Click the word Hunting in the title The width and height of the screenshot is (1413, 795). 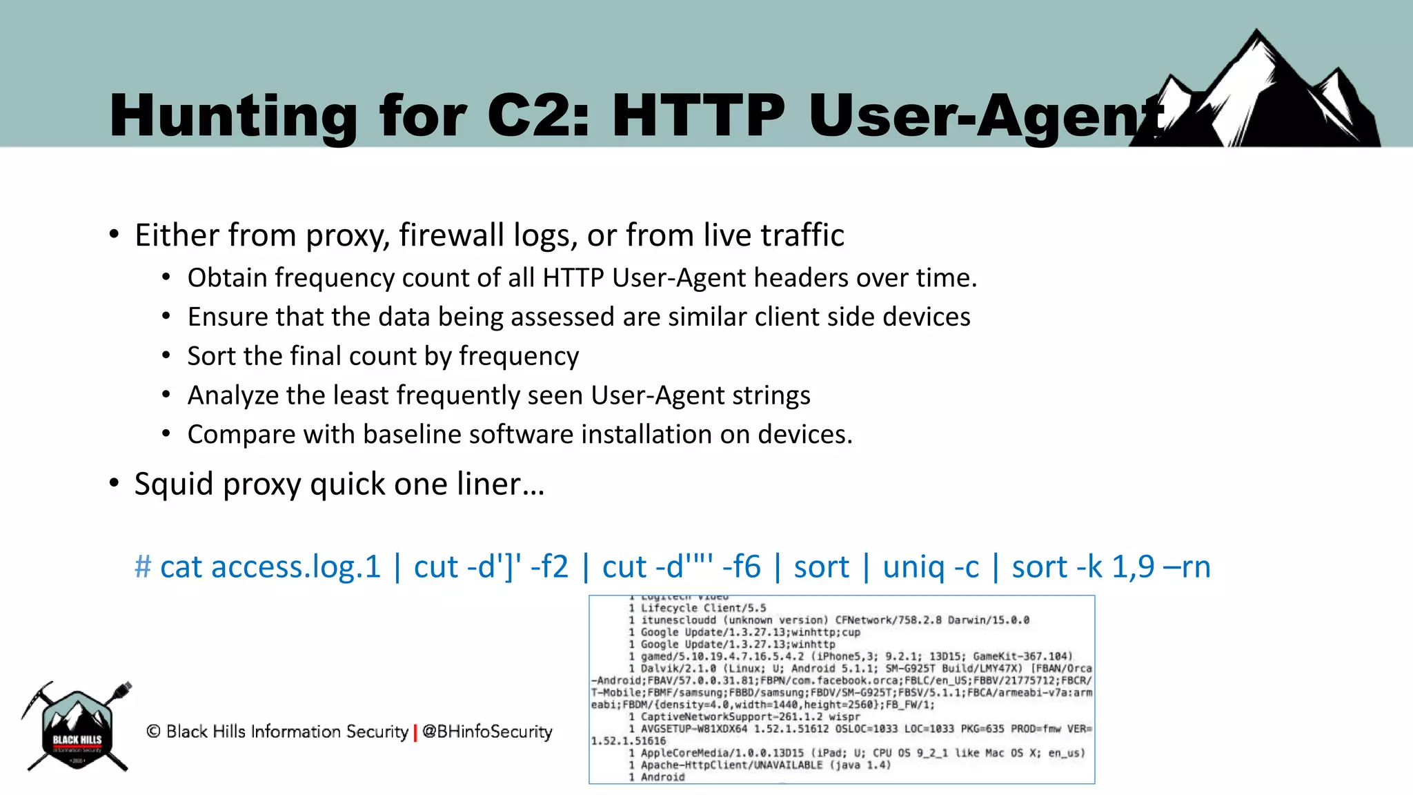click(233, 116)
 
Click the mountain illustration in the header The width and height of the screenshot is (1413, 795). click(1263, 93)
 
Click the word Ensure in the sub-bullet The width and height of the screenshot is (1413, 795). click(227, 317)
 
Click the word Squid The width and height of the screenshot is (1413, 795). click(174, 484)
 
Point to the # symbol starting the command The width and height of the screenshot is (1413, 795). click(143, 567)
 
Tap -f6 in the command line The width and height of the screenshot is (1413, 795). click(741, 567)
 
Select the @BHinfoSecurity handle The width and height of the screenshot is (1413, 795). click(487, 732)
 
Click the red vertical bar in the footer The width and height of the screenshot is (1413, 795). click(415, 732)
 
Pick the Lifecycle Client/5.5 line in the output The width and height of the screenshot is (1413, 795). click(702, 608)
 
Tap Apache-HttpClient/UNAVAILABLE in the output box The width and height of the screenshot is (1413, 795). click(731, 765)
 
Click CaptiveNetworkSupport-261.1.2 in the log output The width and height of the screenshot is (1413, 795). click(731, 716)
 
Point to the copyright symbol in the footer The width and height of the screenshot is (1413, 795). click(154, 732)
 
